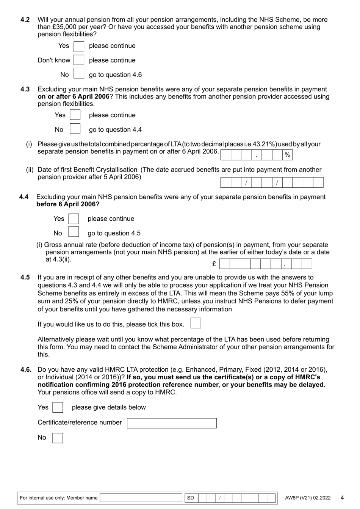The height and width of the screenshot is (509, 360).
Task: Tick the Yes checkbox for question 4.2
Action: pyautogui.click(x=79, y=46)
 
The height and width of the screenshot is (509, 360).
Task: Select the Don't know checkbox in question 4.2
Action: pyautogui.click(x=79, y=60)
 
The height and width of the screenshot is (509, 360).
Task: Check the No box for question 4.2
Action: pyautogui.click(x=79, y=75)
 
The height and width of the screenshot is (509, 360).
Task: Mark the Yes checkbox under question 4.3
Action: pyautogui.click(x=75, y=115)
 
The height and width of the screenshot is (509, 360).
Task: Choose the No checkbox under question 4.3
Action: pyautogui.click(x=75, y=129)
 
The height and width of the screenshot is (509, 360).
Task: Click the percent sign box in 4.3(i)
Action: pyautogui.click(x=287, y=155)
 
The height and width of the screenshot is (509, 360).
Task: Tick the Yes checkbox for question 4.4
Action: pyautogui.click(x=74, y=219)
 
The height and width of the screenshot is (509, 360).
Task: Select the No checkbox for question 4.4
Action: pyautogui.click(x=74, y=233)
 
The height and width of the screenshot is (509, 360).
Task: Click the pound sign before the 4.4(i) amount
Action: pyautogui.click(x=214, y=264)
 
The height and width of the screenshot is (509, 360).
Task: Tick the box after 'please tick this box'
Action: pyautogui.click(x=196, y=323)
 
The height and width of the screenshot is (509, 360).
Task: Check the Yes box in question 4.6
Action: pyautogui.click(x=58, y=407)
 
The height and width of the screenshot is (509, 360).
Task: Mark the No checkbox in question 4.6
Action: pyautogui.click(x=58, y=438)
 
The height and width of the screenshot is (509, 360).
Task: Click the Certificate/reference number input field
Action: pyautogui.click(x=172, y=423)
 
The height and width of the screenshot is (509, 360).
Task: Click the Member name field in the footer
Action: pyautogui.click(x=141, y=498)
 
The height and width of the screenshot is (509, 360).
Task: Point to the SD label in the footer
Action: pyautogui.click(x=190, y=498)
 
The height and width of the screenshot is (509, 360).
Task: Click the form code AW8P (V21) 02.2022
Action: pyautogui.click(x=307, y=498)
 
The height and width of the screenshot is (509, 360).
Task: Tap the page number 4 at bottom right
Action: pyautogui.click(x=342, y=498)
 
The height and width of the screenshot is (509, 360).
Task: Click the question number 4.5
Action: pyautogui.click(x=25, y=277)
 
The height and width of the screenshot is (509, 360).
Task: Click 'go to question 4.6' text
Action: pyautogui.click(x=115, y=75)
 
